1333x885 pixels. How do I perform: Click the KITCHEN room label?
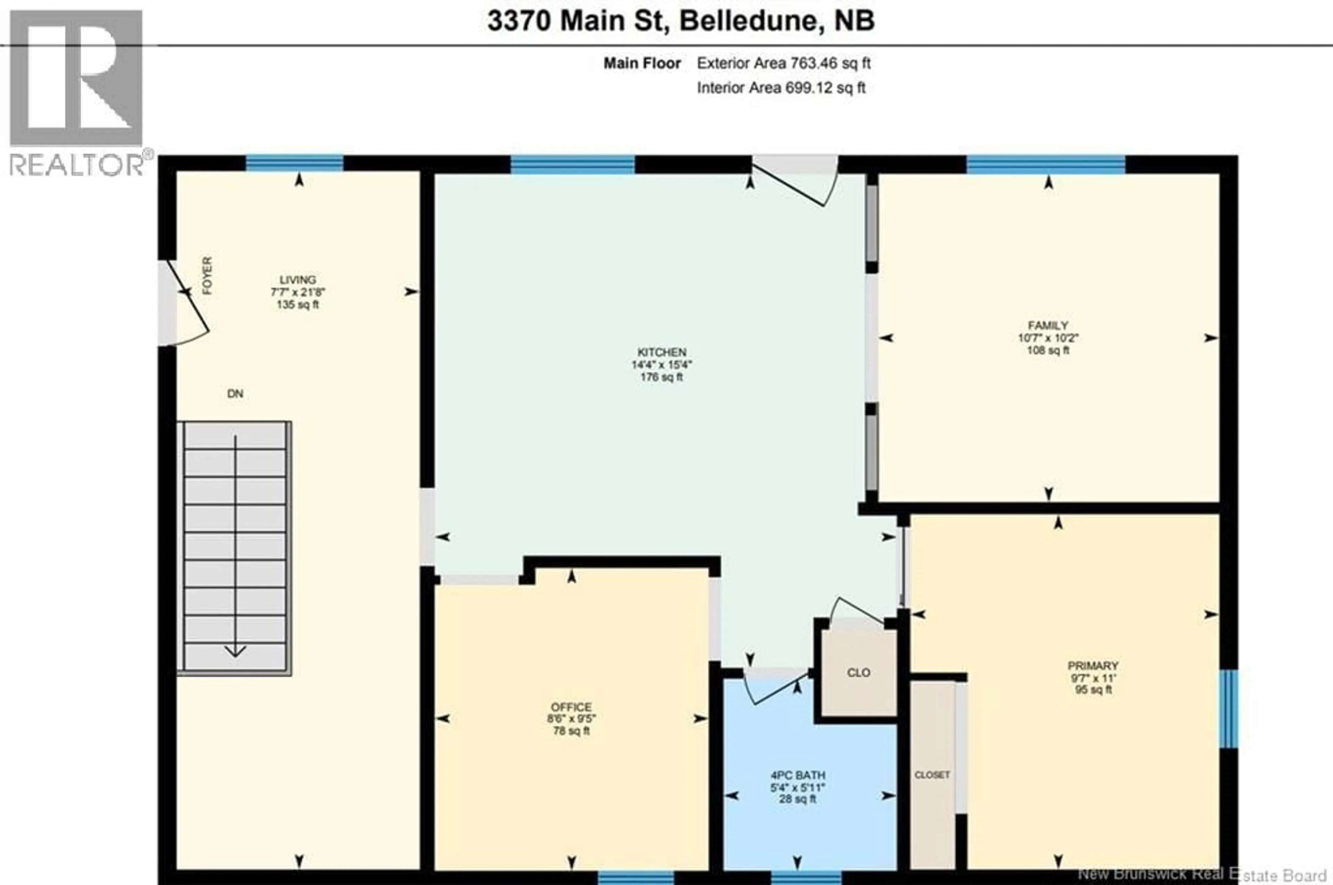click(662, 352)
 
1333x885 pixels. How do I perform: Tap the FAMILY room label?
click(1048, 326)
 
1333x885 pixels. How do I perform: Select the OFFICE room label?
click(571, 707)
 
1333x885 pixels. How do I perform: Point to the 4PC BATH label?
click(797, 776)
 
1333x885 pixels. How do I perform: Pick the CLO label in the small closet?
click(858, 673)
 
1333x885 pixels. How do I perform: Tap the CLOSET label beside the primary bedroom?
click(932, 775)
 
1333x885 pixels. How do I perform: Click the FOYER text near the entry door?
click(207, 276)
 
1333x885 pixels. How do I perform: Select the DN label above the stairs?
click(235, 394)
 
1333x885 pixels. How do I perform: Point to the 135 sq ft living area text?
click(297, 305)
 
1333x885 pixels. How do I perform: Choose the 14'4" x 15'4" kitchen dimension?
click(662, 365)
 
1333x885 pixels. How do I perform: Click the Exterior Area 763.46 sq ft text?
click(783, 63)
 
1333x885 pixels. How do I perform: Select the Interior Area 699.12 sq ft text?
click(781, 88)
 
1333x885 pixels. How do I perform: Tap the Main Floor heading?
click(642, 63)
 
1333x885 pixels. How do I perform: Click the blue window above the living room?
click(294, 163)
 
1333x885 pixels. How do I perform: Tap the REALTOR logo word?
click(76, 165)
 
